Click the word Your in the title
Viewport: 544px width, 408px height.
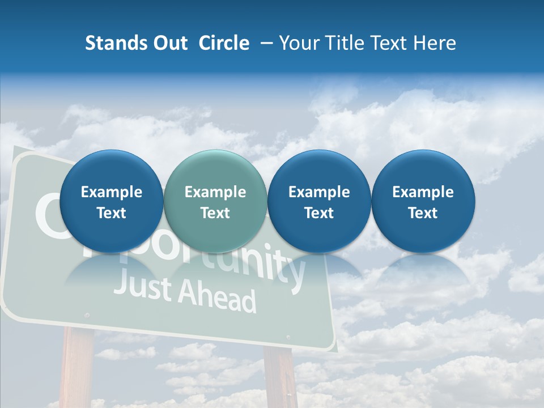point(298,43)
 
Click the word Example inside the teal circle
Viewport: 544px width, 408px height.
point(215,192)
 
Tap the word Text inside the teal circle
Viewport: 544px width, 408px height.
point(215,213)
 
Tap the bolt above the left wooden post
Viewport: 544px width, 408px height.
point(86,314)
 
